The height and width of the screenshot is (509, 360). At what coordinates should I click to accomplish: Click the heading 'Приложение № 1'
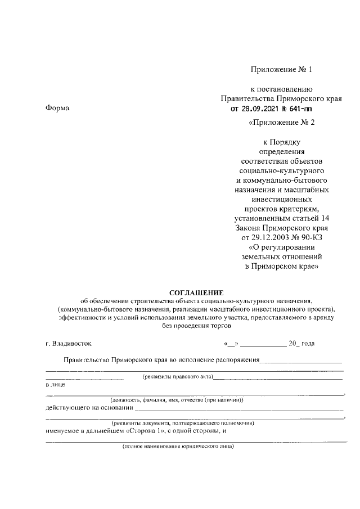[x=281, y=70]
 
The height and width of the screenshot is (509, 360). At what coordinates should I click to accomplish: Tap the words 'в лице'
[x=55, y=385]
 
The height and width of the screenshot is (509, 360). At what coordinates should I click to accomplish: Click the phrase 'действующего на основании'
[x=89, y=408]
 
